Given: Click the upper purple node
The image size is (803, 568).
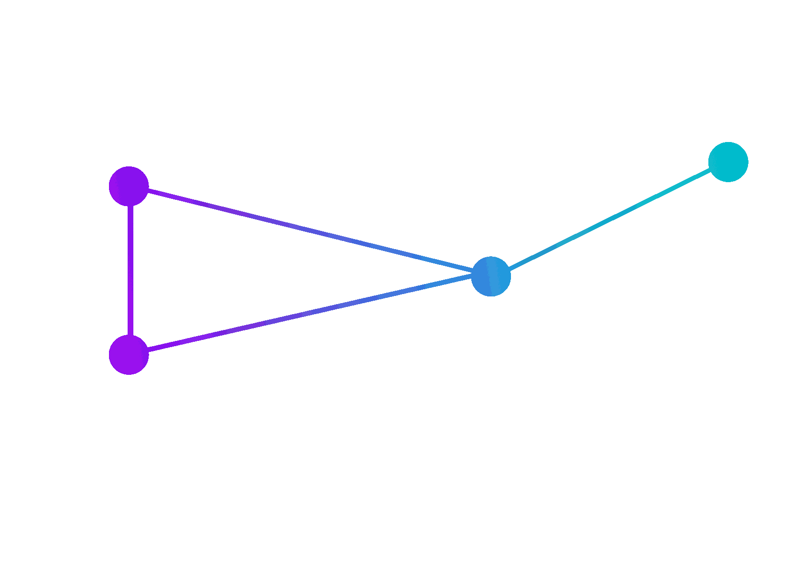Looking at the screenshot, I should (x=129, y=186).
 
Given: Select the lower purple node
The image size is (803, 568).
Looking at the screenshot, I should (x=129, y=355).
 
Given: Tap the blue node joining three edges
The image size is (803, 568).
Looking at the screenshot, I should (x=491, y=276).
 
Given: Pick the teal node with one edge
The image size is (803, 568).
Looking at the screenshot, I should (x=728, y=162).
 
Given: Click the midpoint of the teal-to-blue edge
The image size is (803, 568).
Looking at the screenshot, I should (x=609, y=219).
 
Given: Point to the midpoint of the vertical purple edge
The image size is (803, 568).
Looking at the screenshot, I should (x=130, y=271).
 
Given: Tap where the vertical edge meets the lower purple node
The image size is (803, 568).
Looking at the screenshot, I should (x=130, y=336).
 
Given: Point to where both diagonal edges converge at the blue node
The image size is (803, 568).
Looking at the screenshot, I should (x=473, y=273).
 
